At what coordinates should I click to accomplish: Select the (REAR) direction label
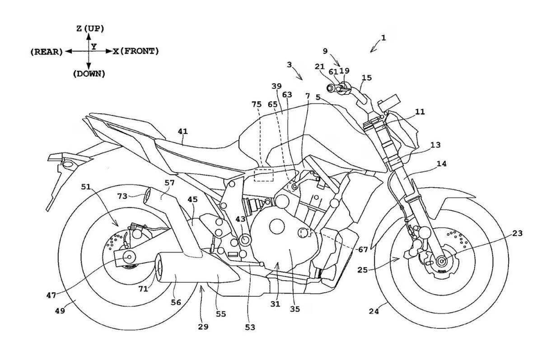coord(47,52)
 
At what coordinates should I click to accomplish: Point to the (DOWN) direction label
coord(89,73)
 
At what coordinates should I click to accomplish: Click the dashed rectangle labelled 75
coord(263,174)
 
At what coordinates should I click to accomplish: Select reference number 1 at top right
coord(383,38)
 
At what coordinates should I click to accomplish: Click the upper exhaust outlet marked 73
coord(148,197)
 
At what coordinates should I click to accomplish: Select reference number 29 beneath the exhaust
coord(203,327)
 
